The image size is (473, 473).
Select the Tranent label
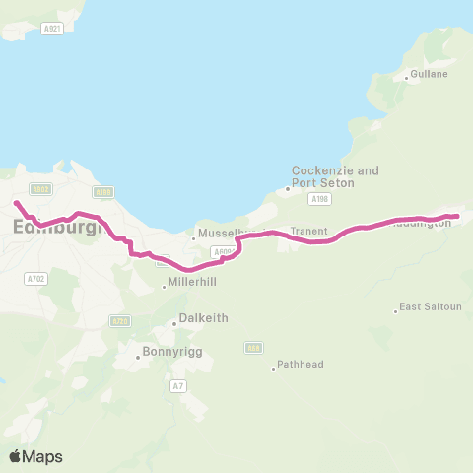click(307, 233)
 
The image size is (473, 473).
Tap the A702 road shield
click(34, 279)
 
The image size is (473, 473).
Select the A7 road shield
click(177, 385)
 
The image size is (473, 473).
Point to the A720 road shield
click(120, 321)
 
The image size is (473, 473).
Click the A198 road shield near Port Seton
click(318, 199)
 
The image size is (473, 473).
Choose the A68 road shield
click(254, 347)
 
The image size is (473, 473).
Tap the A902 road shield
click(40, 189)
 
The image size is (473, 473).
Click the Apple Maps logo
click(35, 456)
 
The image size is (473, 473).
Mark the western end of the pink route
click(16, 203)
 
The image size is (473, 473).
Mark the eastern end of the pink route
click(457, 216)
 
